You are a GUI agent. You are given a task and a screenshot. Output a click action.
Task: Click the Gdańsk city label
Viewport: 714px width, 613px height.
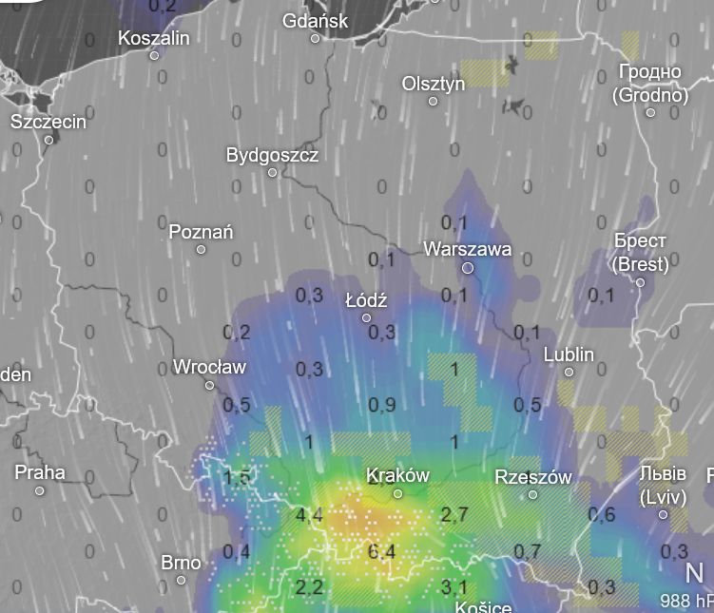[316, 21]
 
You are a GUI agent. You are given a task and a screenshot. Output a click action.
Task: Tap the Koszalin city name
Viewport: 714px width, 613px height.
[154, 38]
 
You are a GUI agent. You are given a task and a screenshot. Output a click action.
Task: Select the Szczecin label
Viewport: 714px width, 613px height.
[48, 122]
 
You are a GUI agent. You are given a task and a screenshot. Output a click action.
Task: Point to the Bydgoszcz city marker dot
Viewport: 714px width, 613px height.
[273, 173]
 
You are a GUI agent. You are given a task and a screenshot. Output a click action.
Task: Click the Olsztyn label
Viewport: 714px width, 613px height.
[434, 84]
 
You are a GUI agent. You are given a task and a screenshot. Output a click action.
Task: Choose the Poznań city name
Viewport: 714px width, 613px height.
[201, 232]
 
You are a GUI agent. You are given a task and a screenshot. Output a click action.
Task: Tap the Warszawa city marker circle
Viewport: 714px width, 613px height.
[468, 269]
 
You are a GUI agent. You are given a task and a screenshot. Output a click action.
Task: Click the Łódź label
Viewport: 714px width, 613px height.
[366, 300]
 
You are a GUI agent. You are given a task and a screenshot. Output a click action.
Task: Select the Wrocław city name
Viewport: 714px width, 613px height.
[209, 367]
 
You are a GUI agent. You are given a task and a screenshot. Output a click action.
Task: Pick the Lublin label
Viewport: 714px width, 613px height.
[569, 354]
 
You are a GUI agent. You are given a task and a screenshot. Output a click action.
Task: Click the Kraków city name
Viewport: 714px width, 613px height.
[397, 475]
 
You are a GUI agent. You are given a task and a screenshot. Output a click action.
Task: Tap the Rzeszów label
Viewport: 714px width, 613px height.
[532, 477]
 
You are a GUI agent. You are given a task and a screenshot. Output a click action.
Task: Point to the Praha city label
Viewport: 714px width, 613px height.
[40, 472]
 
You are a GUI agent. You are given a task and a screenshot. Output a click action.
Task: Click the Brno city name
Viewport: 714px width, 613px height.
[181, 563]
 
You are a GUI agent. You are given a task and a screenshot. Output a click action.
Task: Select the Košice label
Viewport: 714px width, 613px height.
[483, 606]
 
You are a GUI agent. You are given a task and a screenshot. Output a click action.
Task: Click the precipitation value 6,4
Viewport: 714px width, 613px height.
[381, 552]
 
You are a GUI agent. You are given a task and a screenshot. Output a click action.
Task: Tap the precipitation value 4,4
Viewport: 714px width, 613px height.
[310, 517]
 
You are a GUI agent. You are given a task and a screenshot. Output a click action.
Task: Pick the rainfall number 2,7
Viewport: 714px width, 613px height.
[455, 515]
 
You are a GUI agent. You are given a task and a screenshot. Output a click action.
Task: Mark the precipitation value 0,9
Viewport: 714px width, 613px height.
[382, 406]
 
